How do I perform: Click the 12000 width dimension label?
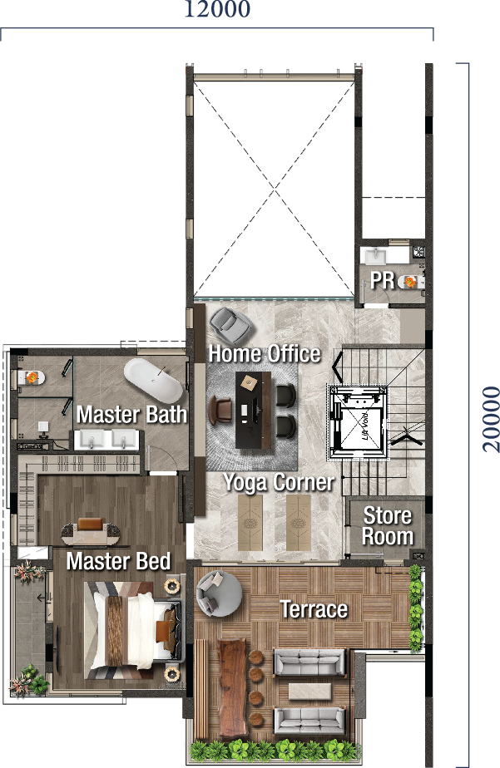click(216, 10)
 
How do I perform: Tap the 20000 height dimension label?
click(491, 417)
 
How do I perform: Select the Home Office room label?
click(265, 353)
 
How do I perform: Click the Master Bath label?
click(131, 414)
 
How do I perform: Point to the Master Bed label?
click(118, 561)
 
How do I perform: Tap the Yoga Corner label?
click(278, 483)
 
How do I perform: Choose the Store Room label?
click(388, 526)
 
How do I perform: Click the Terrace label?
click(314, 609)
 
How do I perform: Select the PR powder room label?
click(383, 281)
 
